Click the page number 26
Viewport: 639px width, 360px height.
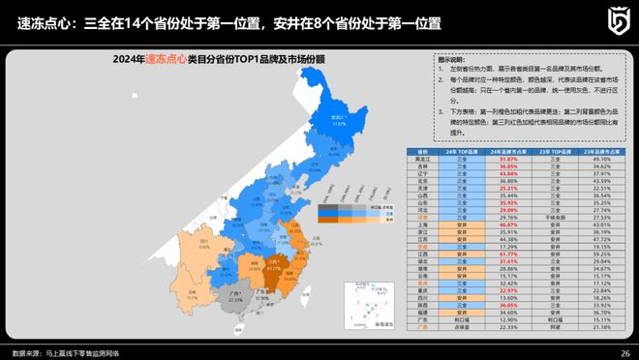(x=624, y=352)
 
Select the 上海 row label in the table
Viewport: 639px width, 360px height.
(x=422, y=225)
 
